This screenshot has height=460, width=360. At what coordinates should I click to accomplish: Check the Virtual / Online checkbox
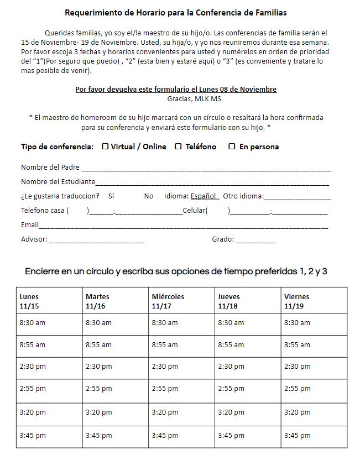tap(105, 147)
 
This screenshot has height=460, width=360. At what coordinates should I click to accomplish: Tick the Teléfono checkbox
tap(178, 147)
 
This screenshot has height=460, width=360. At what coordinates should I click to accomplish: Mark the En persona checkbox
tap(232, 147)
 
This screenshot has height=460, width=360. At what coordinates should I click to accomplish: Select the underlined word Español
tap(205, 196)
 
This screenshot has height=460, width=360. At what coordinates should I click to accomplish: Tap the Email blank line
tap(183, 227)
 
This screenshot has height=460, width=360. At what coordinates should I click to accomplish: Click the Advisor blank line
tap(97, 242)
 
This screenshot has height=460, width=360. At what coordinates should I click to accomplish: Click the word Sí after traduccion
tap(111, 196)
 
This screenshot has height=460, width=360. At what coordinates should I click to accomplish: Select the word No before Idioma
tap(149, 196)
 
